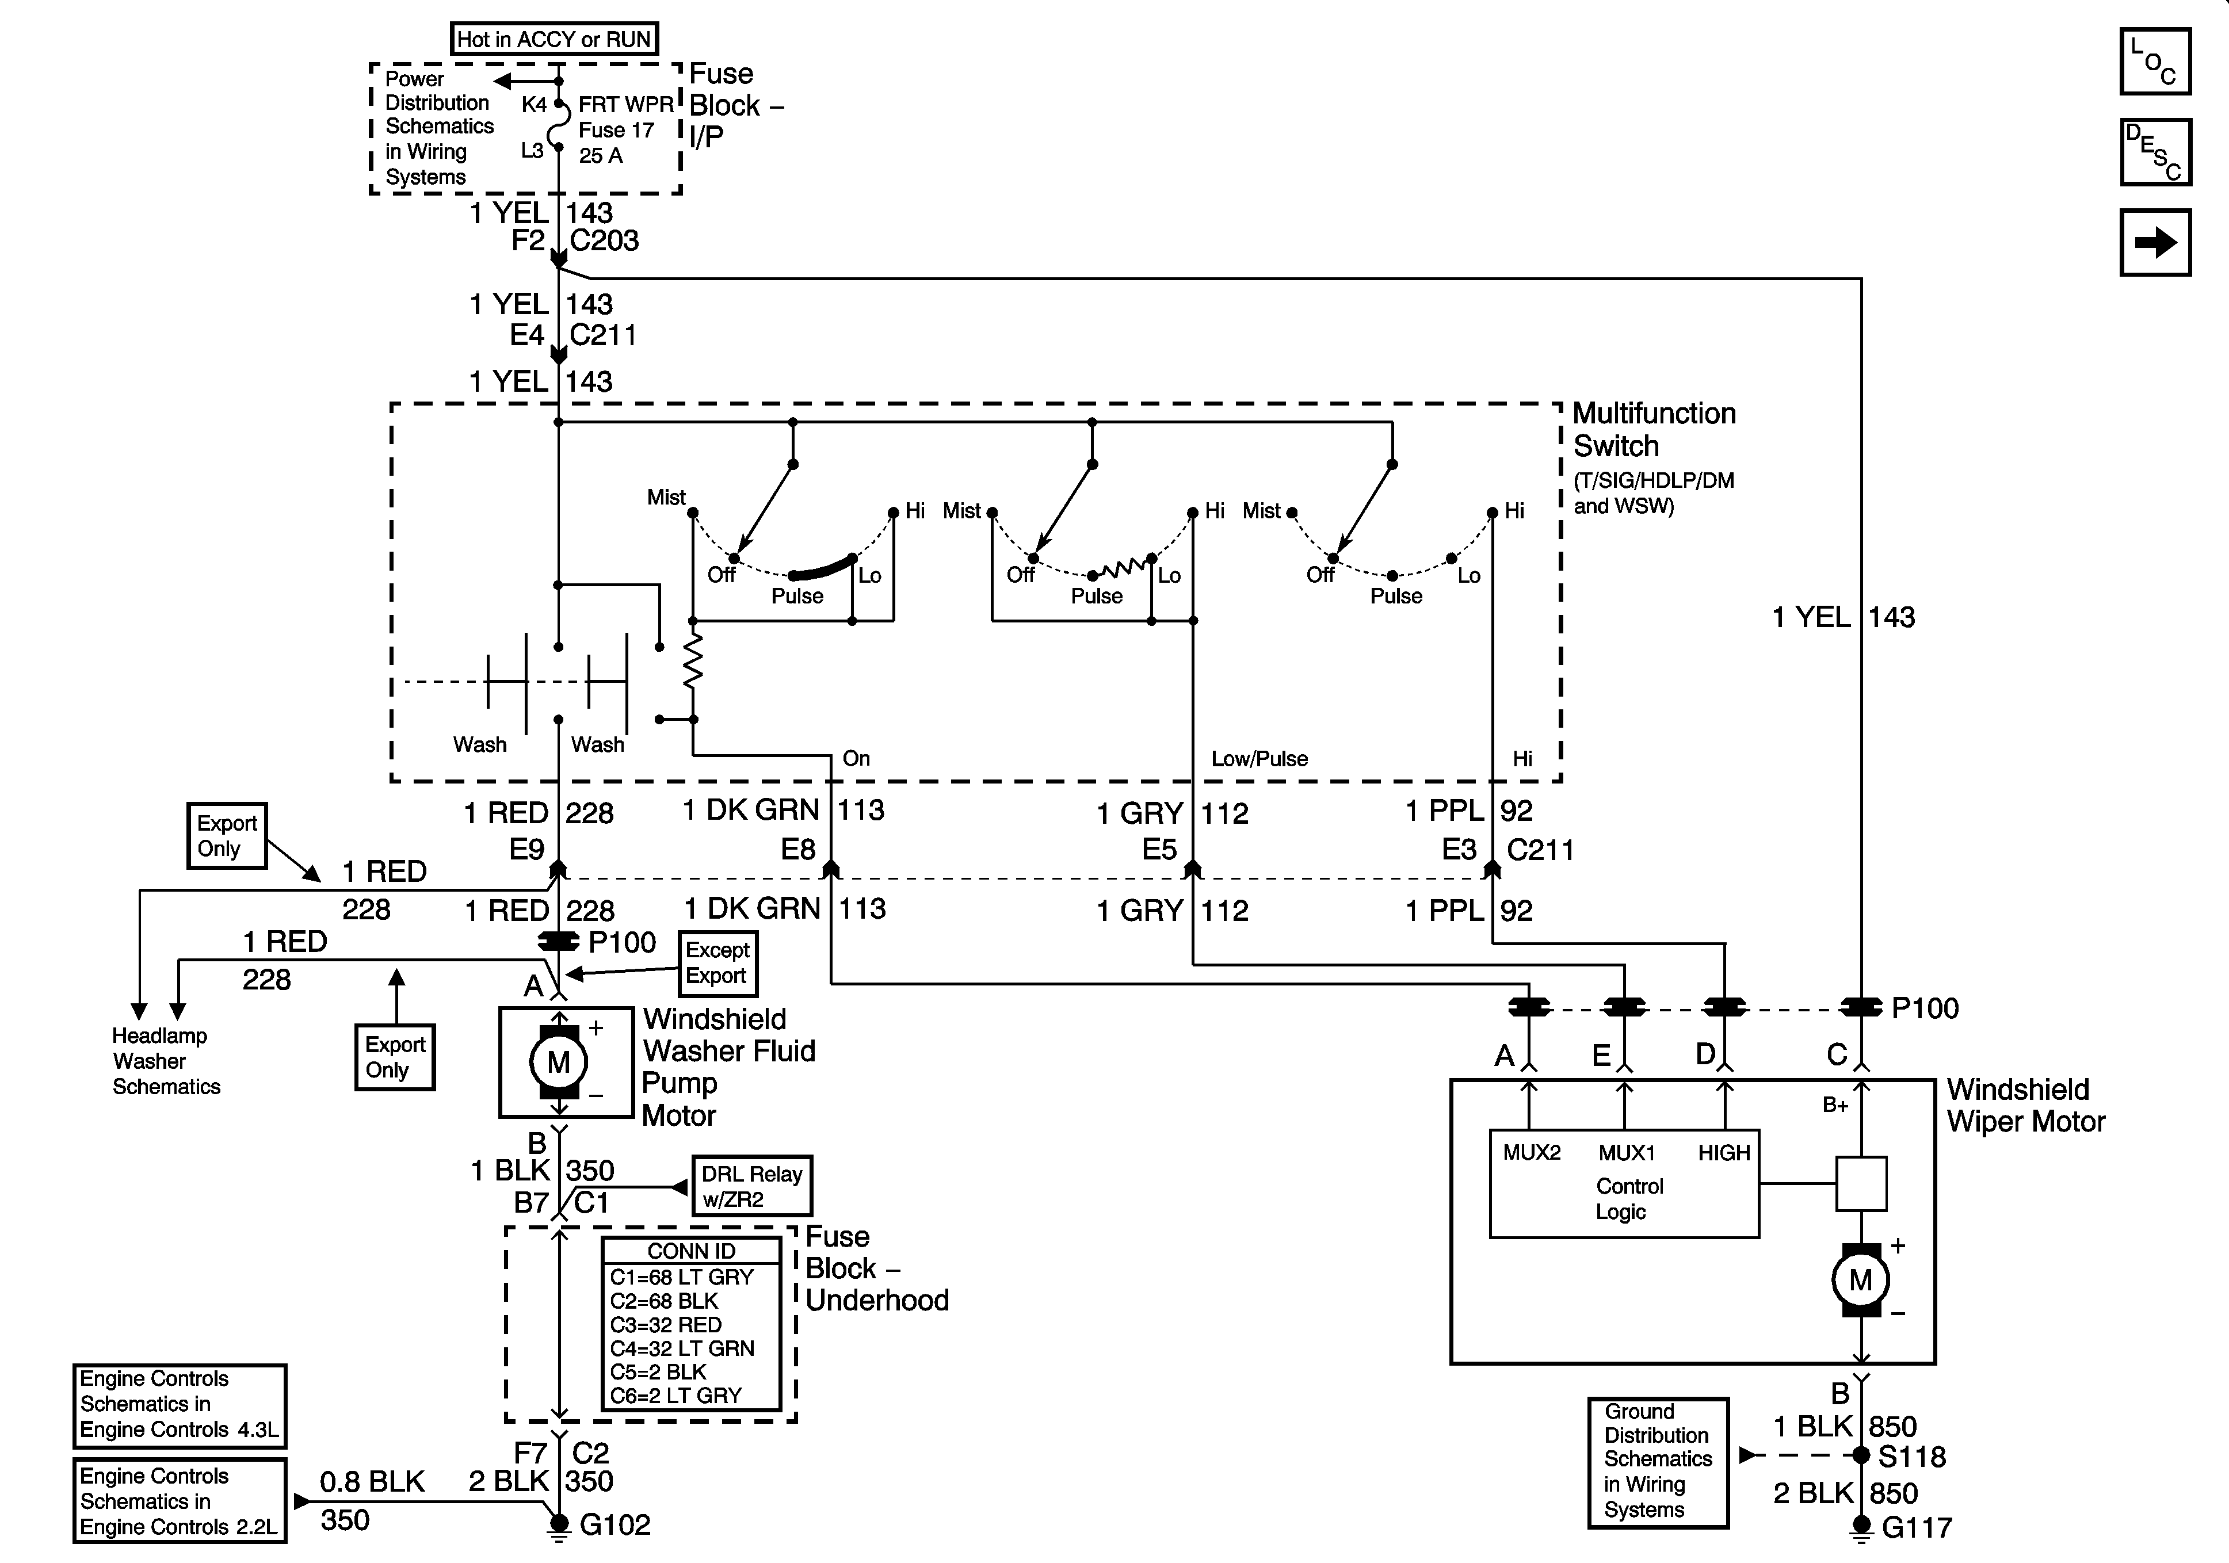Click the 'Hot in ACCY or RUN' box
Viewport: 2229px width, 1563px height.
tap(554, 39)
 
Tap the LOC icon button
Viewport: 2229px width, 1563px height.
tap(2155, 61)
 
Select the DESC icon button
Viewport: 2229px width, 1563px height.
tap(2155, 151)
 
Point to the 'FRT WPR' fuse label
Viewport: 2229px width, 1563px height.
tap(626, 105)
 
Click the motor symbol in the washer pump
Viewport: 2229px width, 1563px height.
tap(558, 1062)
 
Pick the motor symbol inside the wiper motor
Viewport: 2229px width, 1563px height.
tap(1860, 1281)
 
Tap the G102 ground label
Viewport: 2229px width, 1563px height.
tap(614, 1525)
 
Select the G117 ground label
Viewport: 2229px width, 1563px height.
tap(1917, 1528)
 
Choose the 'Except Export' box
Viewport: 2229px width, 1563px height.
tap(717, 963)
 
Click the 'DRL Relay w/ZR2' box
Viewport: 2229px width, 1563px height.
tap(751, 1186)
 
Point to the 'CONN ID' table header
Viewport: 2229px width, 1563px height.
tap(691, 1251)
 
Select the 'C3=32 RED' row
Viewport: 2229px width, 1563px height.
tap(666, 1324)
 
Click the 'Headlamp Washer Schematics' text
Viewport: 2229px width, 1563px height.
tap(166, 1061)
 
